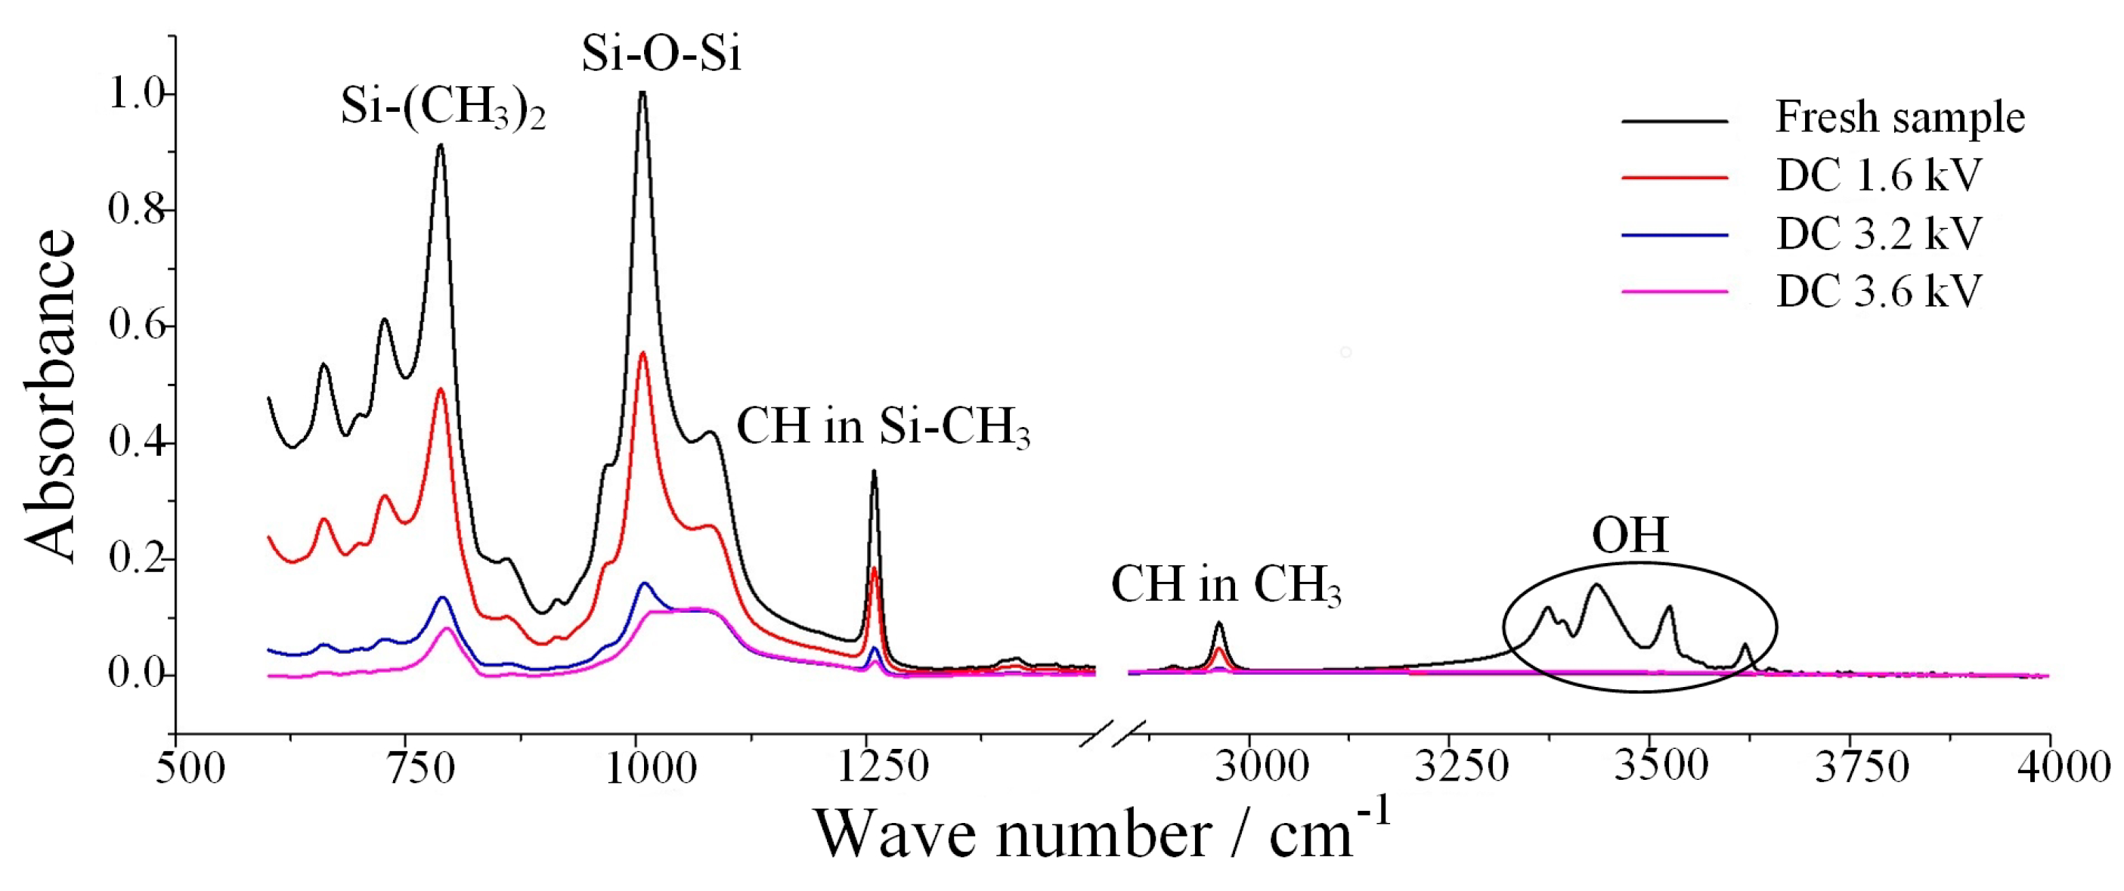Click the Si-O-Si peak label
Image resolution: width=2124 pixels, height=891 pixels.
[661, 54]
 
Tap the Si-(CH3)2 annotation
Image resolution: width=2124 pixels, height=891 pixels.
[443, 110]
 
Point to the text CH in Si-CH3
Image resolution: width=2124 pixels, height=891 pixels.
[882, 428]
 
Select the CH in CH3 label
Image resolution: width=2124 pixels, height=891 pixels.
[1225, 585]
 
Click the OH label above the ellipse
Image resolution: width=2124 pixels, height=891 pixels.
[1629, 535]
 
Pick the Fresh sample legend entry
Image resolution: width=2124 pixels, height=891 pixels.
[1899, 117]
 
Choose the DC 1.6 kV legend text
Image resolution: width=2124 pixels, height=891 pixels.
[1878, 175]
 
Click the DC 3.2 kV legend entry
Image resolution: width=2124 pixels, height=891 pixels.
[1878, 234]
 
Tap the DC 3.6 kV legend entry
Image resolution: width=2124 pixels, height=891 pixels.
[1878, 291]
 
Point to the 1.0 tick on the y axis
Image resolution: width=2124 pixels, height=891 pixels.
[136, 94]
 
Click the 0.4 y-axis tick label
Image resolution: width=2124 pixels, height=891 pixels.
[136, 443]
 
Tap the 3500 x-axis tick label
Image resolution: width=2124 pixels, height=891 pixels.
[1661, 766]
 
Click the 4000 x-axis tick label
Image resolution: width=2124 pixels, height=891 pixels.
[2062, 767]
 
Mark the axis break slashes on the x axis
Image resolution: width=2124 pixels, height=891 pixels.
[1113, 733]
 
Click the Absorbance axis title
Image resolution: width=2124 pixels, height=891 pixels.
[51, 396]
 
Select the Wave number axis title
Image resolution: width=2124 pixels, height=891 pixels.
[1101, 834]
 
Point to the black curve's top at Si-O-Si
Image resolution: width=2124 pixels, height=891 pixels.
[642, 92]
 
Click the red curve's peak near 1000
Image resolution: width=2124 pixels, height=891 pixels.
[643, 354]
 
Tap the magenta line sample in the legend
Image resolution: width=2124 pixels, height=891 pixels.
[1674, 291]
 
